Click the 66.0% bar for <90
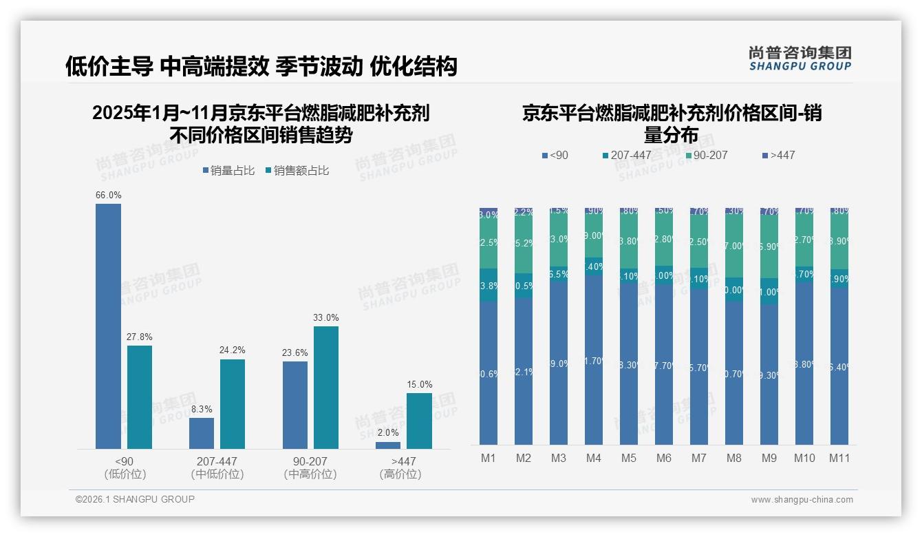pyautogui.click(x=108, y=326)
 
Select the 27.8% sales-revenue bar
pyautogui.click(x=140, y=397)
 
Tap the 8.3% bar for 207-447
pyautogui.click(x=202, y=433)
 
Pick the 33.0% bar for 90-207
pyautogui.click(x=326, y=387)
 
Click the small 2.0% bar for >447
pyautogui.click(x=388, y=445)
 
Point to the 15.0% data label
pyautogui.click(x=420, y=385)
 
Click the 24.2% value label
pyautogui.click(x=233, y=350)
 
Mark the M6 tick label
pyautogui.click(x=663, y=459)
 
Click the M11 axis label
pyautogui.click(x=839, y=459)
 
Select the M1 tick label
pyautogui.click(x=488, y=459)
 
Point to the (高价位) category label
pyautogui.click(x=400, y=474)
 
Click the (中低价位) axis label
pyautogui.click(x=217, y=474)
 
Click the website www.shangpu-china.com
pyautogui.click(x=802, y=500)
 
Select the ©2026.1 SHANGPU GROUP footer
pyautogui.click(x=135, y=499)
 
